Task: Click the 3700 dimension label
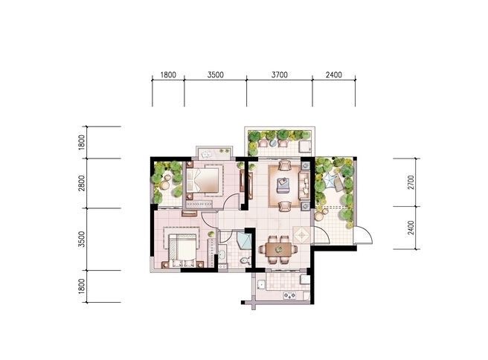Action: pos(280,74)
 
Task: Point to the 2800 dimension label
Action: pos(82,183)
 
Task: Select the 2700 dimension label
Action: pos(411,182)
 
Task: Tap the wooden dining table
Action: pos(278,249)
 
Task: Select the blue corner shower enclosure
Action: pos(244,240)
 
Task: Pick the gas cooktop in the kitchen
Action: pos(289,295)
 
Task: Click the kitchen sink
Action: pos(261,284)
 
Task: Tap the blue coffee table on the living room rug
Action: pos(283,185)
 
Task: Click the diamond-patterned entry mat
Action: pos(301,234)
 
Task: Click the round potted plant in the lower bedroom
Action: pos(211,234)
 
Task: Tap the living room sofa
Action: pos(304,184)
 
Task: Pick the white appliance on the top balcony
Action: pos(305,147)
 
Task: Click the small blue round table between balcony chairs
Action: pos(273,143)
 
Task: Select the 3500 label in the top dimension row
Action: pos(216,74)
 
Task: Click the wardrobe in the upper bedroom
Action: pos(199,204)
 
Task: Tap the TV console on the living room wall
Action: pos(251,185)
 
